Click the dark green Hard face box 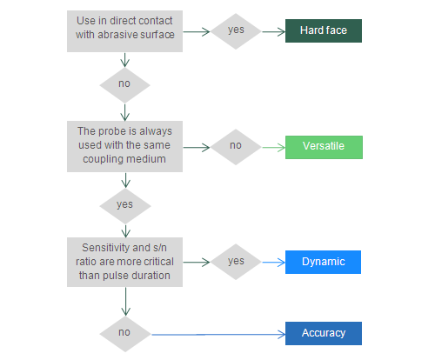point(324,30)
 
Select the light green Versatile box point(324,147)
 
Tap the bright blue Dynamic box point(323,262)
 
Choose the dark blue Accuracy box point(324,333)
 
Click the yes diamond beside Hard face point(236,31)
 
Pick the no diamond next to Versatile point(236,147)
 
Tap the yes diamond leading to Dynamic point(236,262)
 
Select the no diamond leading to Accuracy point(125,334)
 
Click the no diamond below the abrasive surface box point(124,85)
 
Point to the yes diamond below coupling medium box point(125,206)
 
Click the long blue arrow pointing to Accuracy point(218,335)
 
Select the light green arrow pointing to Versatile point(273,148)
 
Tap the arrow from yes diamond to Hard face point(273,31)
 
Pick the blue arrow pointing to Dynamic point(273,263)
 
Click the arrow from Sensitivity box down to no point(125,302)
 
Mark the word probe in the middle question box point(107,131)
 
